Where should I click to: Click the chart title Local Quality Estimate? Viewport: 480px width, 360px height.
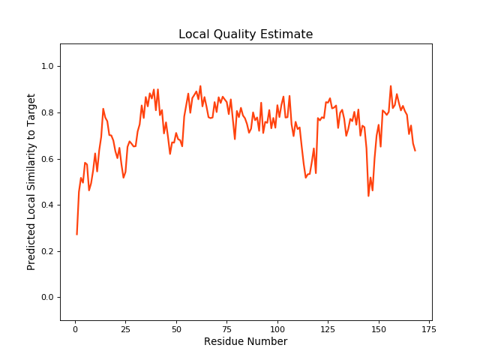(x=245, y=34)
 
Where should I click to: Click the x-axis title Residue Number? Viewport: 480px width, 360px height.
(x=245, y=342)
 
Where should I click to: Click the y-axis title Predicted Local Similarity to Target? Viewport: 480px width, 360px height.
(x=31, y=181)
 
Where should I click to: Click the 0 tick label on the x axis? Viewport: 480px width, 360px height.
(x=75, y=328)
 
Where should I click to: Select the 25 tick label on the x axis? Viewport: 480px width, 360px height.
(x=125, y=328)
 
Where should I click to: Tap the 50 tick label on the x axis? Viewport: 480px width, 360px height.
(x=176, y=328)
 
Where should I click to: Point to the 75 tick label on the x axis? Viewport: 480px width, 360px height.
(x=226, y=328)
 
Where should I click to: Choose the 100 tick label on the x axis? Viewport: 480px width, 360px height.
(x=277, y=328)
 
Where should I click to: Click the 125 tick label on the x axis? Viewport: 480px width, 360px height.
(x=328, y=328)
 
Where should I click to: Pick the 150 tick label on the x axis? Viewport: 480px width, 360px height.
(x=379, y=328)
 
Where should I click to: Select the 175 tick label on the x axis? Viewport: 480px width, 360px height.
(x=429, y=328)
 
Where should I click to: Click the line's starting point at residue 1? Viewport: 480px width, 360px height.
(x=76, y=235)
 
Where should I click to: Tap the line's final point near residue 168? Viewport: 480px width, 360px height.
(x=415, y=151)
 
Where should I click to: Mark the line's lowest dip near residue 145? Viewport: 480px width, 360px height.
(x=368, y=196)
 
